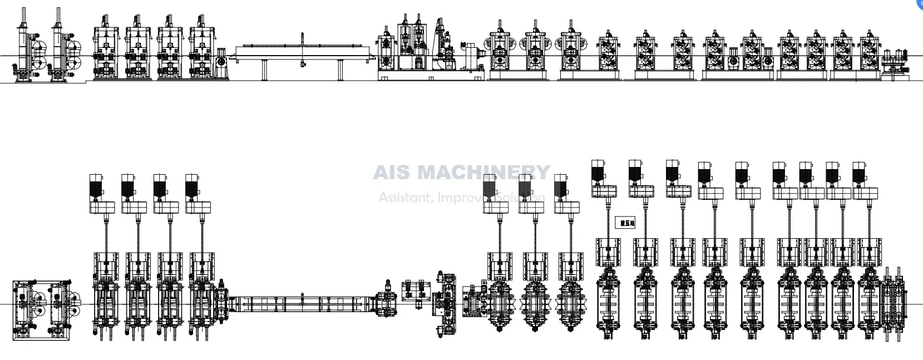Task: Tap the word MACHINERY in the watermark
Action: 483,172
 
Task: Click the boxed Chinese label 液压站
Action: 626,223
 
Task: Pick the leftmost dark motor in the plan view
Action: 97,185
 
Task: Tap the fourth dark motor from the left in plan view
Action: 193,185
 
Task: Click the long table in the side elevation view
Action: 303,52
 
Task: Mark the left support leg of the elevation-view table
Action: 264,70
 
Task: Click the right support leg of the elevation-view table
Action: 340,70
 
